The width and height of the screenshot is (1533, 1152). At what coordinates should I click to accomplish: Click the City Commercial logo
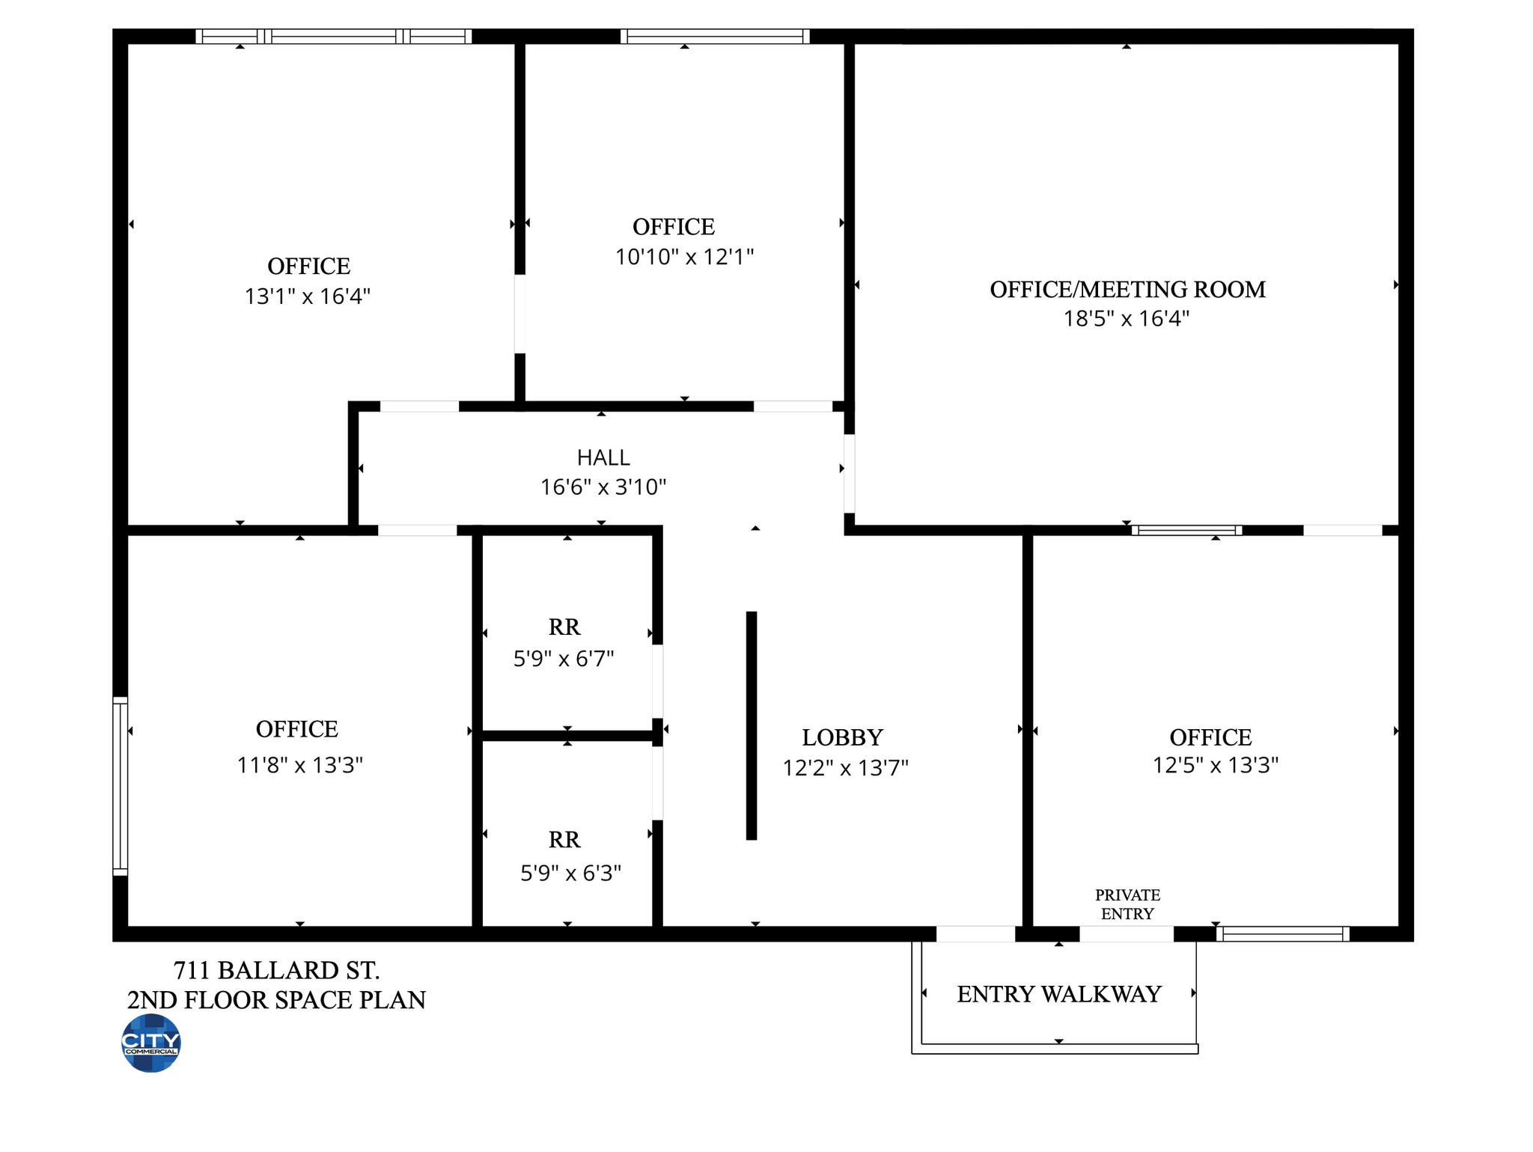(x=151, y=1043)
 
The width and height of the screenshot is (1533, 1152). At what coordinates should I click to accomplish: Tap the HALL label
(x=603, y=457)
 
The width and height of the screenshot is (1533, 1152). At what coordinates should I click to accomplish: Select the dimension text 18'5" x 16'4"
(x=1127, y=319)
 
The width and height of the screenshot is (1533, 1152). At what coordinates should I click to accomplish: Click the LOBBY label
(x=843, y=737)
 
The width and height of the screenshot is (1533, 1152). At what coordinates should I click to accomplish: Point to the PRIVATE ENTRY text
(x=1127, y=904)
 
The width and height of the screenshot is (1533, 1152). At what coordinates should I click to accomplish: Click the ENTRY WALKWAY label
(x=1059, y=994)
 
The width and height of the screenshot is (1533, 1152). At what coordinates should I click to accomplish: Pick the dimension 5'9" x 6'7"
(x=564, y=659)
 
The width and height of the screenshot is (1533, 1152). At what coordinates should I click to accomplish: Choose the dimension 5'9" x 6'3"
(x=571, y=873)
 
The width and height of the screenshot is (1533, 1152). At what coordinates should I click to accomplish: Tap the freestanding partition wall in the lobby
(x=752, y=725)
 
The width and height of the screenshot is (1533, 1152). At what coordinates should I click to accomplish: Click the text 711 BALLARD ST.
(x=277, y=970)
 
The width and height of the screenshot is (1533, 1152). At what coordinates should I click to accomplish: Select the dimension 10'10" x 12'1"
(x=684, y=257)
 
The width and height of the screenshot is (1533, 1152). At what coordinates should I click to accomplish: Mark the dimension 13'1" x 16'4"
(x=308, y=296)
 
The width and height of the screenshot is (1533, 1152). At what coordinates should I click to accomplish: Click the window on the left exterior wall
(x=121, y=786)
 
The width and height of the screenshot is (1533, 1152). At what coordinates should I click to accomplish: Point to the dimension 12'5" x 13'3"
(x=1216, y=765)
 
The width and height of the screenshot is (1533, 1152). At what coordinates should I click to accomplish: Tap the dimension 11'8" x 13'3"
(x=300, y=765)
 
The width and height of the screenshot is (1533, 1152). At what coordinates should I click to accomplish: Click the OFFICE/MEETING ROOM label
(x=1128, y=289)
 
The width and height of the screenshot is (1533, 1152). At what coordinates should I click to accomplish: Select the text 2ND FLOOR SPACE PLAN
(x=276, y=1000)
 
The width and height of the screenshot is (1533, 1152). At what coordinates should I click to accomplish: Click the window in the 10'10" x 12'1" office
(x=715, y=36)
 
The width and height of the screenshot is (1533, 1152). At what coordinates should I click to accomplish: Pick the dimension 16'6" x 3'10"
(x=603, y=487)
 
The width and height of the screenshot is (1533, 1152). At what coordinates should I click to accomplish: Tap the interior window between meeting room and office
(x=1186, y=530)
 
